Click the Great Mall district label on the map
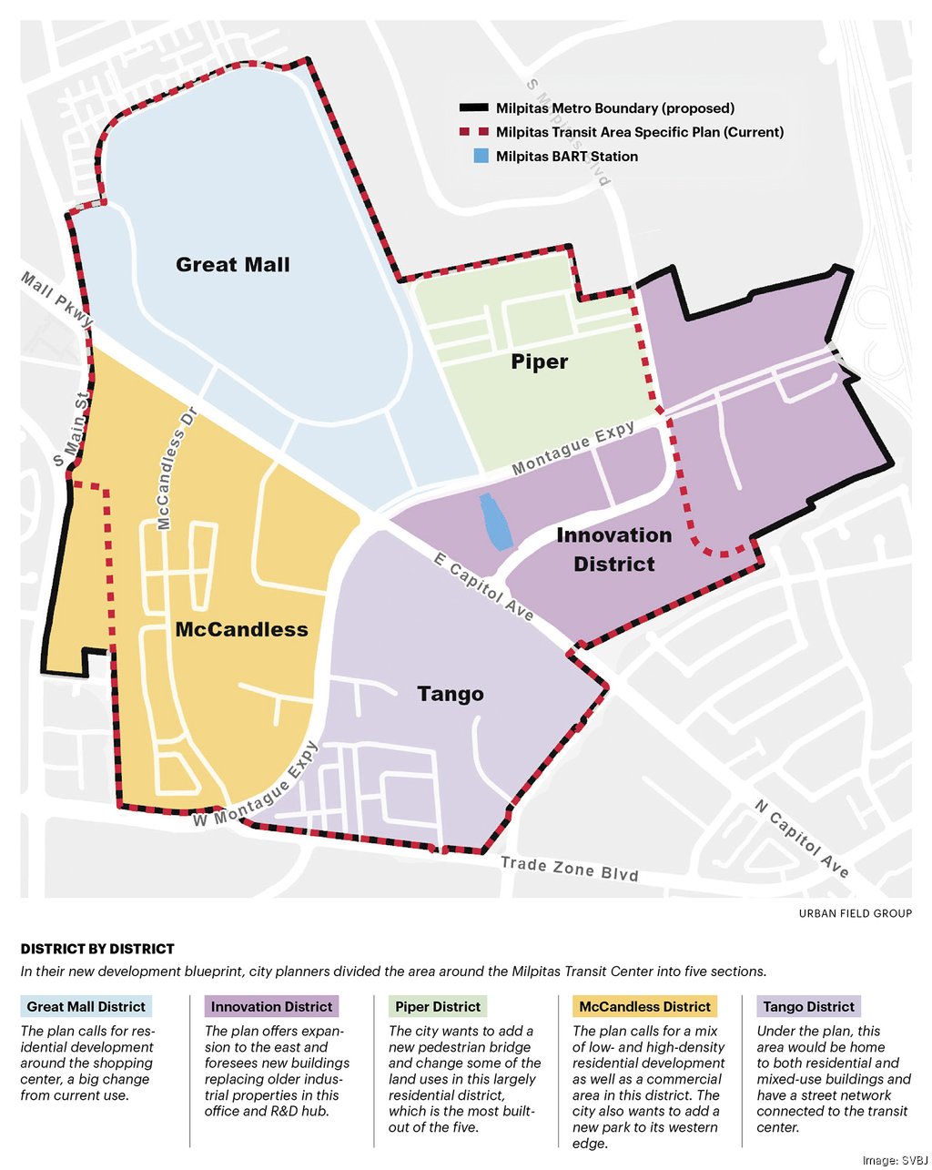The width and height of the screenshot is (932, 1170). [233, 265]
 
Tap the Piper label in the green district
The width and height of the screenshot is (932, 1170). [539, 361]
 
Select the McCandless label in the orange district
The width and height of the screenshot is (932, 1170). [241, 629]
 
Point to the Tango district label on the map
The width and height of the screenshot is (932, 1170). [450, 694]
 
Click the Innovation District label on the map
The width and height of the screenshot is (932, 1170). [614, 549]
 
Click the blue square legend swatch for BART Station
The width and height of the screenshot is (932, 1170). [481, 156]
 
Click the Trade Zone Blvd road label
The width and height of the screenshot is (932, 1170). [569, 868]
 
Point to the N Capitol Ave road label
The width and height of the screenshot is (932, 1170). [802, 839]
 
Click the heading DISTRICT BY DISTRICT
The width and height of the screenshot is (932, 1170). [97, 949]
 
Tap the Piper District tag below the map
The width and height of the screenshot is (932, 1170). [438, 1006]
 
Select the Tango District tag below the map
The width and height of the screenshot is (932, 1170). [808, 1006]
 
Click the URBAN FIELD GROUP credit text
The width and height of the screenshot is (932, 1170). [855, 913]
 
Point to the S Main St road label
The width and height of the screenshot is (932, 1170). [72, 429]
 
